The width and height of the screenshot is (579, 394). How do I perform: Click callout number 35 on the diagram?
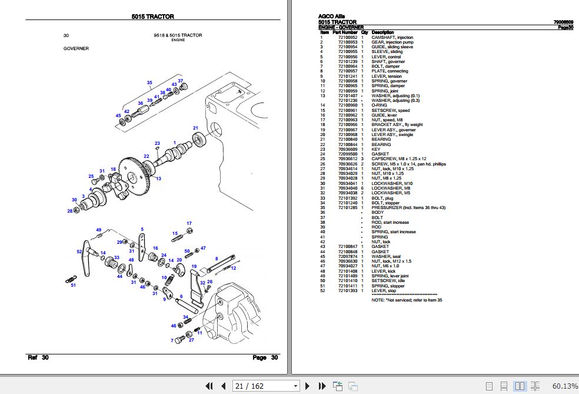pyautogui.click(x=149, y=82)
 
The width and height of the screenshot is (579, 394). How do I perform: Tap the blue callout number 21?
pyautogui.click(x=196, y=128)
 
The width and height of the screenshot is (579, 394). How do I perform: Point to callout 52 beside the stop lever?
pyautogui.click(x=79, y=251)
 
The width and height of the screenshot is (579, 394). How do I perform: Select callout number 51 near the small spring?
pyautogui.click(x=74, y=286)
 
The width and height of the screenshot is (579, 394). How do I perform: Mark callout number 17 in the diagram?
pyautogui.click(x=189, y=223)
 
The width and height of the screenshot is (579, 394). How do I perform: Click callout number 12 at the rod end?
pyautogui.click(x=233, y=268)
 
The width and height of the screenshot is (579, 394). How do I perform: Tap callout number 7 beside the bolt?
pyautogui.click(x=172, y=340)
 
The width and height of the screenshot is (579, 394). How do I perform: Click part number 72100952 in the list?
pyautogui.click(x=347, y=37)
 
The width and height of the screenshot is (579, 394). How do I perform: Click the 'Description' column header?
pyautogui.click(x=382, y=32)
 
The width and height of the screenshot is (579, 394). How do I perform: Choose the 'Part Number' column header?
pyautogui.click(x=345, y=32)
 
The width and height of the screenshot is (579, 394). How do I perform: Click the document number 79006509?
pyautogui.click(x=563, y=22)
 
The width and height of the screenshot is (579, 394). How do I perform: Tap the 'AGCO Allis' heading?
pyautogui.click(x=331, y=16)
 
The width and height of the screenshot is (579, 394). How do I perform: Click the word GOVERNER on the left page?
pyautogui.click(x=76, y=48)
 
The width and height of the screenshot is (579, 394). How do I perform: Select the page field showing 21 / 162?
pyautogui.click(x=265, y=386)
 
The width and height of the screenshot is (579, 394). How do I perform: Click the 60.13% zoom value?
pyautogui.click(x=565, y=386)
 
